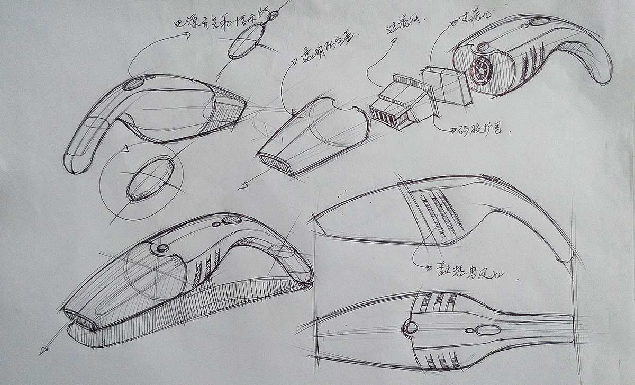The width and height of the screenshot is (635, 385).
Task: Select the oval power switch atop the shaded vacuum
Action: coord(231,220)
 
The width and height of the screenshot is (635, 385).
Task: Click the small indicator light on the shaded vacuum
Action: coord(216,225)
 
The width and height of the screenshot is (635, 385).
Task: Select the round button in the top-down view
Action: coord(410,326)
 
